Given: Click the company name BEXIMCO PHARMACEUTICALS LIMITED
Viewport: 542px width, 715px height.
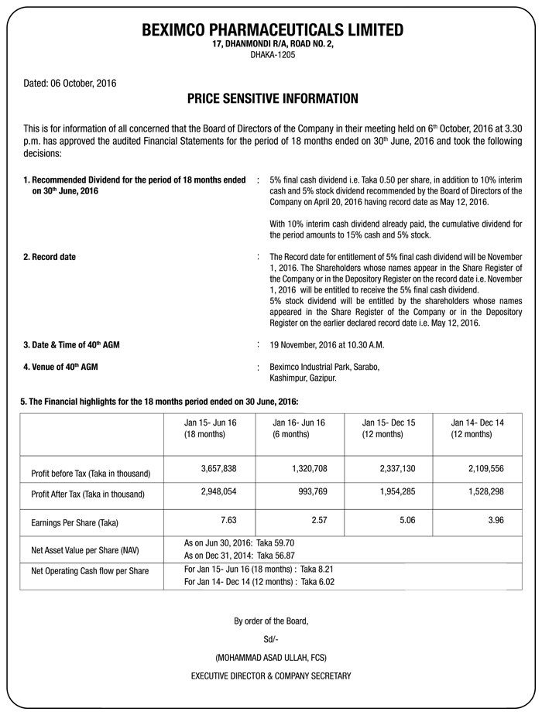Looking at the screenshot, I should (x=273, y=30).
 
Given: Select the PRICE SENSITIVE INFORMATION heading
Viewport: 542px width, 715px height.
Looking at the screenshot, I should (x=273, y=99).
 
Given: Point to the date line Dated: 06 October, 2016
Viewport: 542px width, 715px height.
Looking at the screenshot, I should (x=70, y=82).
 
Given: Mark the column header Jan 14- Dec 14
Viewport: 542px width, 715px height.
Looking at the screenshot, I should (x=477, y=422).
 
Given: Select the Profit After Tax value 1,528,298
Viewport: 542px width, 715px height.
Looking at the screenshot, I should (x=486, y=491).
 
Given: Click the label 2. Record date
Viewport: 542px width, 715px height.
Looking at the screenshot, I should (x=50, y=257).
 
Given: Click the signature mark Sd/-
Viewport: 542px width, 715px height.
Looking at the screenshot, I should (x=271, y=638).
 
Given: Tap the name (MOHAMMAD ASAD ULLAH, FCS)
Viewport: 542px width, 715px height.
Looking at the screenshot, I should (x=271, y=657).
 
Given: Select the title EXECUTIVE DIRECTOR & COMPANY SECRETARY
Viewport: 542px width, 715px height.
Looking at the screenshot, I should (x=271, y=676).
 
